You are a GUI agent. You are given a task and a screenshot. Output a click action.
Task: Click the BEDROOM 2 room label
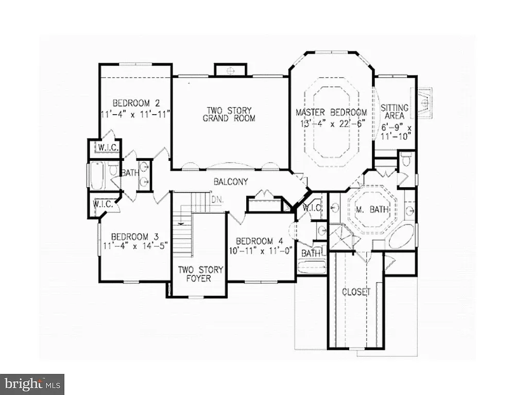132,102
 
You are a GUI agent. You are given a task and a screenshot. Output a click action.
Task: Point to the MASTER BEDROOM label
331,113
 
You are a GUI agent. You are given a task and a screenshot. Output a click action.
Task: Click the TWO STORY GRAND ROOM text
229,114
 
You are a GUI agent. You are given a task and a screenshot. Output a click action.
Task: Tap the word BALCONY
231,182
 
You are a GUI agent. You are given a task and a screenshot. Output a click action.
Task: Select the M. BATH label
373,210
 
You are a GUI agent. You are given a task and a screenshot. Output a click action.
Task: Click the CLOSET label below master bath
356,292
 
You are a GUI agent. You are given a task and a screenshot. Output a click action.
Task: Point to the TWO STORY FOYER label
194,274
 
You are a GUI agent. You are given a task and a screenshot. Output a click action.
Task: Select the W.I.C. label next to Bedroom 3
103,204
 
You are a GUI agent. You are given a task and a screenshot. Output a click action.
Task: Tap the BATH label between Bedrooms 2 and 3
130,173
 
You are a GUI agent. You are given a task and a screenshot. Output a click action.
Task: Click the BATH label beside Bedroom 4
311,253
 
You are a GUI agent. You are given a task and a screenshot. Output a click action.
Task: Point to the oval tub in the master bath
400,237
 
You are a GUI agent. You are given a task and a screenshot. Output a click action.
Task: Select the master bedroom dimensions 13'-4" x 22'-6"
331,123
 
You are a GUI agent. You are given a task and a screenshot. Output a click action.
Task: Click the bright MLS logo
32,384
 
